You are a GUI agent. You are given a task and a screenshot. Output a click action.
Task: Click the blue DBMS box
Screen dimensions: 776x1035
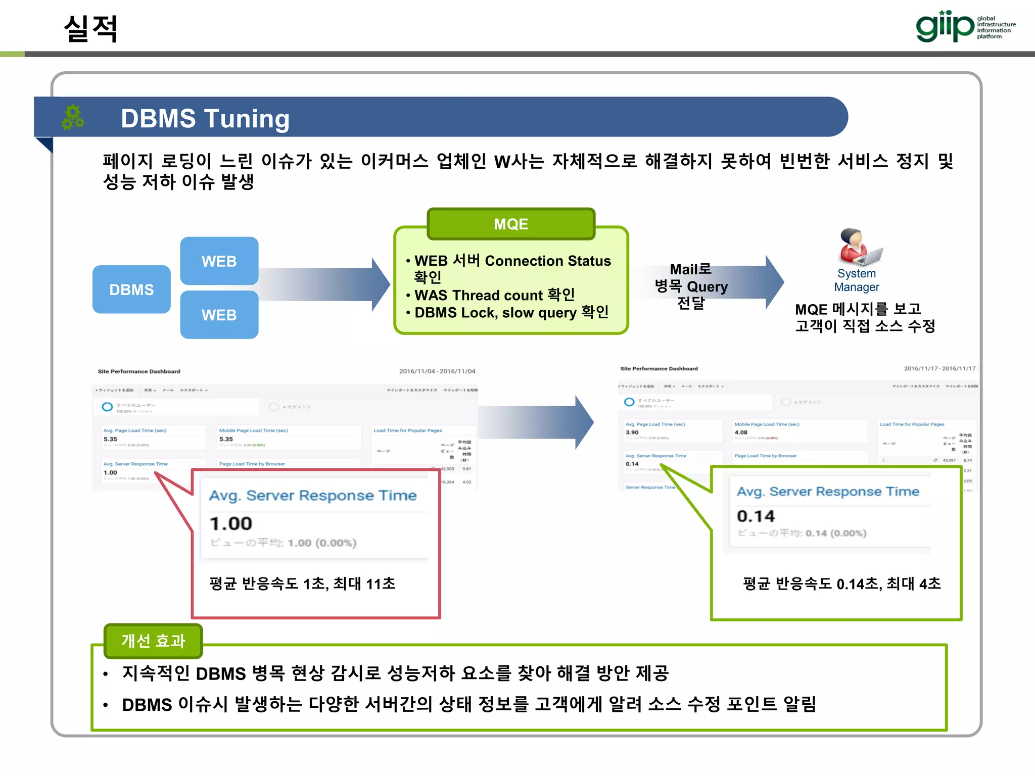131,289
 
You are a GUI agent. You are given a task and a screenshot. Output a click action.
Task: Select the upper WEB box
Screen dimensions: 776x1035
219,261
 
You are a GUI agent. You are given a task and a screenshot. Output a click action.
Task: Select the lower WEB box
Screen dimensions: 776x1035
219,315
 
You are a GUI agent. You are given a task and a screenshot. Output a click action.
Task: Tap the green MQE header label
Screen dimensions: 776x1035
511,224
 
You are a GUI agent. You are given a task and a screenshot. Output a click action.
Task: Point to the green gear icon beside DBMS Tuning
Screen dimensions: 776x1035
73,117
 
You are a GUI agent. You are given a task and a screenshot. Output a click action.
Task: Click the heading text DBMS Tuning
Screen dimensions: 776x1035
205,119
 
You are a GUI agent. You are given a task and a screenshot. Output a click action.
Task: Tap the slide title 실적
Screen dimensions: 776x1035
91,28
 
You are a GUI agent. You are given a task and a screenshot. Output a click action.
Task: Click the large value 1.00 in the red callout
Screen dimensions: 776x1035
231,523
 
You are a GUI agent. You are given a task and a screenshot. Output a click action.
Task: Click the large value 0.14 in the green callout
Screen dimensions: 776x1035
756,516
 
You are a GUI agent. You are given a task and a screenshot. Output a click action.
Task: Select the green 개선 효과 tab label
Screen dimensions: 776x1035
153,641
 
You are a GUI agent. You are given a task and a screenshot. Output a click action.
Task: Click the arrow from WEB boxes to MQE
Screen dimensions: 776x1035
323,284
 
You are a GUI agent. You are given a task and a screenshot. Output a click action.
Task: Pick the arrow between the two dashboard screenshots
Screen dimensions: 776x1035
536,422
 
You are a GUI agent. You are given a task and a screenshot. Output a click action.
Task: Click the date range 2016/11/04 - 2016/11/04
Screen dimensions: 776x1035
437,371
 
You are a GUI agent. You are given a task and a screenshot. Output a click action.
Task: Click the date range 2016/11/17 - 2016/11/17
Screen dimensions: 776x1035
939,368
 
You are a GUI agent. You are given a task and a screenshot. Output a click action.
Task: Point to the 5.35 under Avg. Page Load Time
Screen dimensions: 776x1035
110,439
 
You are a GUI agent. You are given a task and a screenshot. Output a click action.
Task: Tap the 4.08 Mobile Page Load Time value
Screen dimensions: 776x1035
741,432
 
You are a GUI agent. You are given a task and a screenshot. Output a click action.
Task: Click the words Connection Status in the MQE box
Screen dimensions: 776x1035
548,261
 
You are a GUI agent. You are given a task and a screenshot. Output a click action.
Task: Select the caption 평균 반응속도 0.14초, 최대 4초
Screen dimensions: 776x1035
842,584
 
